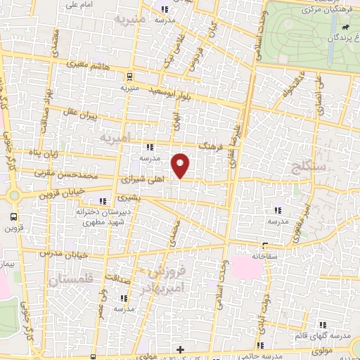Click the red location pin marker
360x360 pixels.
point(181,165)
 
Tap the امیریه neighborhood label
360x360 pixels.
point(115,137)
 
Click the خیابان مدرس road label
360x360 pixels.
point(58,252)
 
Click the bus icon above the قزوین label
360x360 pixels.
point(14,217)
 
